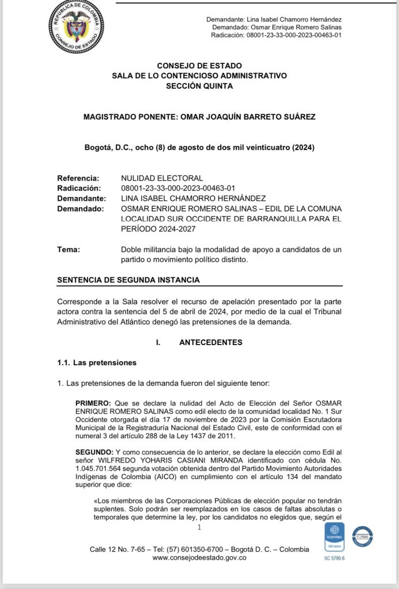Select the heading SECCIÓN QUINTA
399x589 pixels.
pos(199,86)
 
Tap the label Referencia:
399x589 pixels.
pos(78,178)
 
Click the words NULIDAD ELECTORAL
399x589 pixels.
pos(162,178)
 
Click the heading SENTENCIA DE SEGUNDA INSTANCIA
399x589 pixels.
pos(128,280)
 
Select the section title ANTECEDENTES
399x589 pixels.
pos(210,342)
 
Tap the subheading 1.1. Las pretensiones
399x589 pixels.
pos(97,362)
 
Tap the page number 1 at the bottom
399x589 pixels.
pos(199,527)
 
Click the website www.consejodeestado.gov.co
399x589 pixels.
pos(199,558)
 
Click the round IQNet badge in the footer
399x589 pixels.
pos(362,537)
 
